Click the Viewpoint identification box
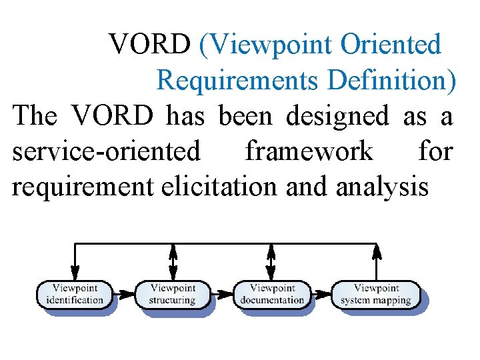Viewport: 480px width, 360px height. click(x=75, y=294)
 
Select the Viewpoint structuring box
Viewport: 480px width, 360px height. click(x=173, y=294)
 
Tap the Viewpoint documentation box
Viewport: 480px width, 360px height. click(x=271, y=294)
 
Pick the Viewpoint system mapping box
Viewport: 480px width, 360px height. click(x=376, y=294)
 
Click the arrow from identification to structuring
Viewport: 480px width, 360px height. click(x=125, y=292)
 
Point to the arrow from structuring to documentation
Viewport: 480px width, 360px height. click(x=222, y=292)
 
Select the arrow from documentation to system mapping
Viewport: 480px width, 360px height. click(x=321, y=292)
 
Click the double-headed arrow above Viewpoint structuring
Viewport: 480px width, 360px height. click(x=173, y=261)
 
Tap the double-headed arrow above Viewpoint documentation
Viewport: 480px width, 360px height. click(x=271, y=261)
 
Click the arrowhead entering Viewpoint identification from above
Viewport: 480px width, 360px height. click(x=75, y=273)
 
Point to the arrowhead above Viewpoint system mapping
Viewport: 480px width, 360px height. click(x=377, y=251)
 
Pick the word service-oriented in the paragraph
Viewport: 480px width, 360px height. click(x=106, y=152)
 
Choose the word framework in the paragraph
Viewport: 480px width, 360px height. click(x=309, y=152)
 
